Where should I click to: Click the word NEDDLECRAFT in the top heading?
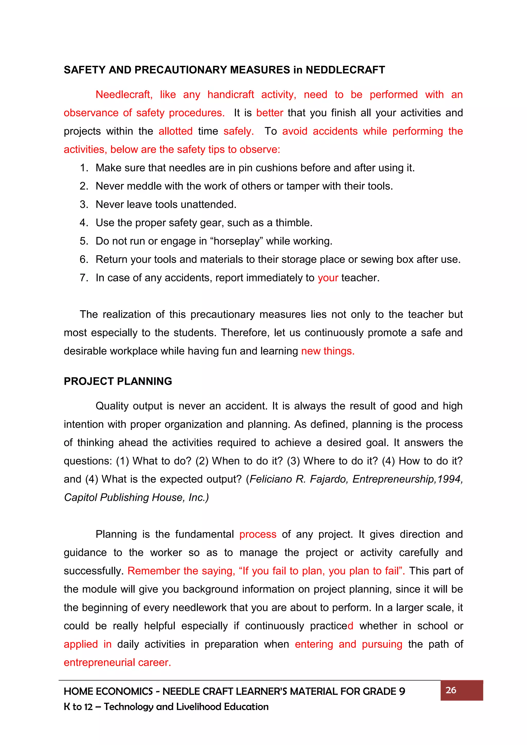pos(345,70)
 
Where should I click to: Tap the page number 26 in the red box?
pos(451,690)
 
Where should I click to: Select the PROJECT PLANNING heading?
pos(118,381)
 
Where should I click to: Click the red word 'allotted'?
pos(175,131)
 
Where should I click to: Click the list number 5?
pos(83,241)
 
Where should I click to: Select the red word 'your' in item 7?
pos(328,278)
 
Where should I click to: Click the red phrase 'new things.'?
pos(328,351)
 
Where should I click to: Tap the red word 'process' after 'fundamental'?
pos(258,534)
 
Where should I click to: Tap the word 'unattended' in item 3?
pos(208,205)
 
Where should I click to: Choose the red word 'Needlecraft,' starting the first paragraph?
pos(124,94)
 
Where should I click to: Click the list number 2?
pos(83,186)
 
